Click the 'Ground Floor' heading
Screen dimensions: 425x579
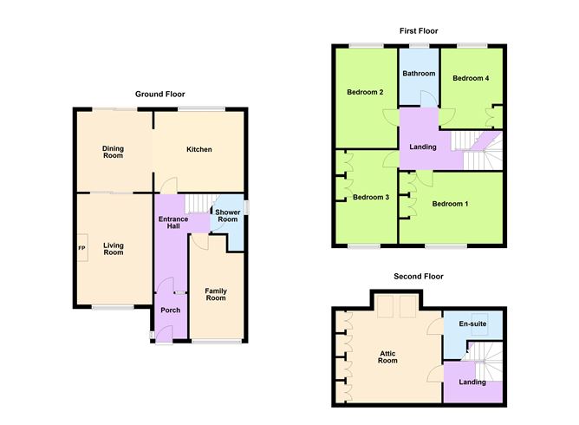click(159, 94)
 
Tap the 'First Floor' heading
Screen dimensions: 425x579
click(419, 30)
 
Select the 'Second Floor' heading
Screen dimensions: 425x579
click(418, 276)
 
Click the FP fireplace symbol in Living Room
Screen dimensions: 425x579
click(82, 248)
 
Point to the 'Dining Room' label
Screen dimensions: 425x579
click(113, 152)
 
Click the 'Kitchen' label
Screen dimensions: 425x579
click(198, 149)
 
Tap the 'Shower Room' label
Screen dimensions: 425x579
click(227, 216)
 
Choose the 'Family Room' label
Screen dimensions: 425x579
click(215, 293)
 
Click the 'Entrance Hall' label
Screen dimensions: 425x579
click(172, 223)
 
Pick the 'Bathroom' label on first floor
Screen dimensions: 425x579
click(419, 74)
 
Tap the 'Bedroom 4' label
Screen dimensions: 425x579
click(471, 78)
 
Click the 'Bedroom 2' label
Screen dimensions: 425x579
click(365, 92)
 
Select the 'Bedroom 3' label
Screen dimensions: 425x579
click(370, 197)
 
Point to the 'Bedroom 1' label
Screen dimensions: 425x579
click(450, 204)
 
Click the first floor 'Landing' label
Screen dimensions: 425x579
click(424, 147)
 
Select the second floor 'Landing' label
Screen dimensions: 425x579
click(471, 382)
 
